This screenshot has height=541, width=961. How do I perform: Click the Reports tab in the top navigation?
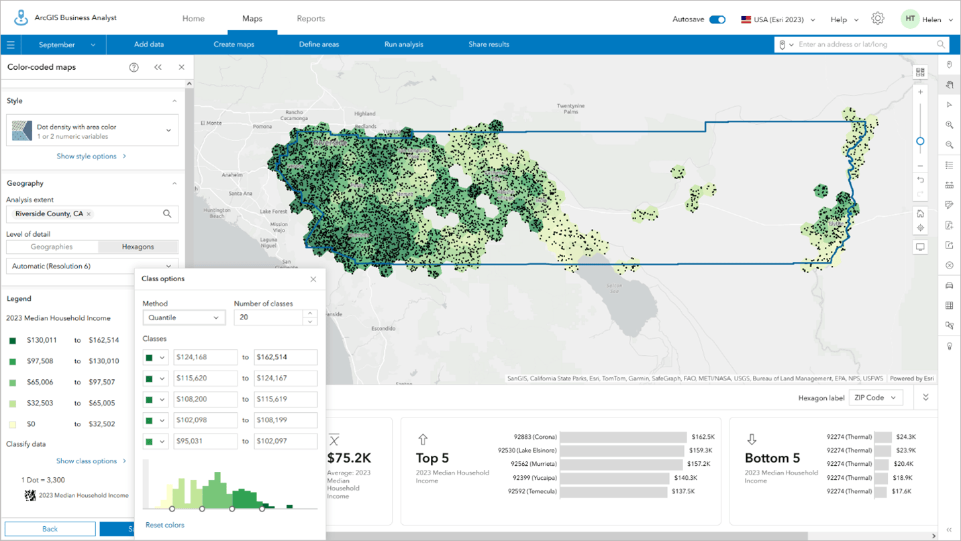point(311,19)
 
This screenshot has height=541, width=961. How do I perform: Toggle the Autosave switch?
point(717,19)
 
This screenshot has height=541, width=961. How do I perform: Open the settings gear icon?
point(877,19)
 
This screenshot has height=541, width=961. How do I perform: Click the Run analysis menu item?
point(403,44)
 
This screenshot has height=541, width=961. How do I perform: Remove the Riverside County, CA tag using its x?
point(89,214)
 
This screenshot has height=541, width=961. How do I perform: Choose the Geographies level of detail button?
point(52,247)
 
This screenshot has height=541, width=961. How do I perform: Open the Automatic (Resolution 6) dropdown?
point(93,266)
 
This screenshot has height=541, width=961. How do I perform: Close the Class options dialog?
point(313,279)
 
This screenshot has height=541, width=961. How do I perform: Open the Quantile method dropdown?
point(184,317)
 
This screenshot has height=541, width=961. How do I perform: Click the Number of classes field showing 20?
point(267,317)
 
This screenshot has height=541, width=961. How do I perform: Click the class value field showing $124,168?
point(205,358)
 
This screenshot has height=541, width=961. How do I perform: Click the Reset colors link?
point(164,525)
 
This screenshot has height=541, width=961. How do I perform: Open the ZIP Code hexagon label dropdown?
point(875,398)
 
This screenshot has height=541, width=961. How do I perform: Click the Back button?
point(50,529)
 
